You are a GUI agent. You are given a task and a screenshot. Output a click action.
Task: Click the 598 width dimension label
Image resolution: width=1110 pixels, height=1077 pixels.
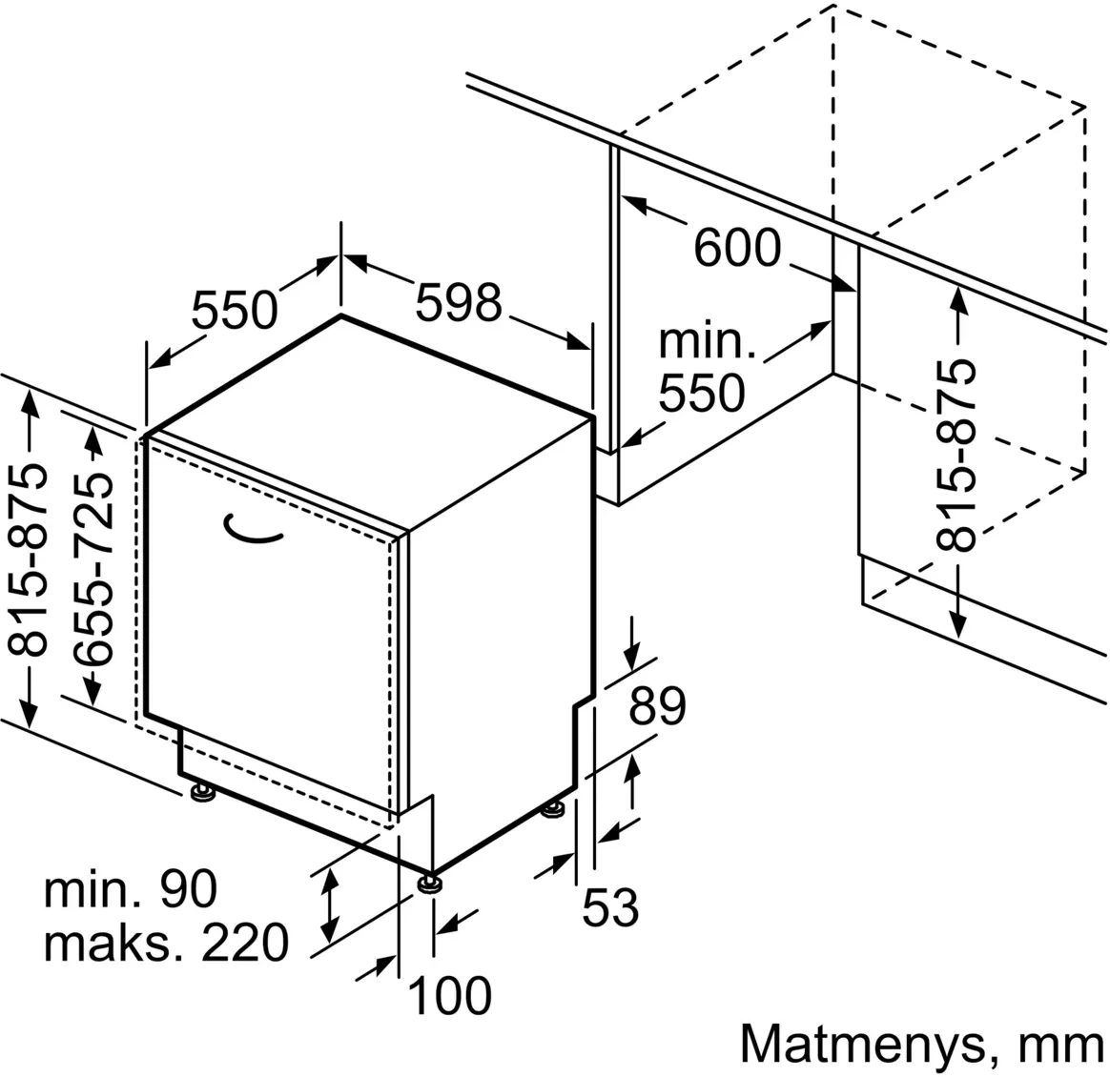[458, 304]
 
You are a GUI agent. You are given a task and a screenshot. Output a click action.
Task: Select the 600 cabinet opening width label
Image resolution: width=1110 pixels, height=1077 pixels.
[736, 249]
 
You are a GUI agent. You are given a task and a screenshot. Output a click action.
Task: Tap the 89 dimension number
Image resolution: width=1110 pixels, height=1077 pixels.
[657, 706]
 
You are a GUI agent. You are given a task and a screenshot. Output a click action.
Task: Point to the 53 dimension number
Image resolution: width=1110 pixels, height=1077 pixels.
[609, 906]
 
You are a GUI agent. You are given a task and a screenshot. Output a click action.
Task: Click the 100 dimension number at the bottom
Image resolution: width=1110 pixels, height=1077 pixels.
[449, 996]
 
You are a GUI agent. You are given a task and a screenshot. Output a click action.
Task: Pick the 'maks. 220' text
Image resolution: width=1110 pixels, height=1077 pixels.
[165, 943]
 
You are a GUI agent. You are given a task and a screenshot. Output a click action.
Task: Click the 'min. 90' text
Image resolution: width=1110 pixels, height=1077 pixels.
[131, 889]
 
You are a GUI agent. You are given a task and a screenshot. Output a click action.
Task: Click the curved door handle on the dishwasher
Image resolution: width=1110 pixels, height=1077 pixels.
[253, 531]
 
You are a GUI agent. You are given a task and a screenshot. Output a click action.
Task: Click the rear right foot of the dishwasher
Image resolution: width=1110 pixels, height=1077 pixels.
[553, 811]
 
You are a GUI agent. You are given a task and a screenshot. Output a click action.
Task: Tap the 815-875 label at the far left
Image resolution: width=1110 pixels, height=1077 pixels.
[31, 561]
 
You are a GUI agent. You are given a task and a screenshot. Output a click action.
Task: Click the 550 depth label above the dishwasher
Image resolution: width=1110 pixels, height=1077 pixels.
[234, 309]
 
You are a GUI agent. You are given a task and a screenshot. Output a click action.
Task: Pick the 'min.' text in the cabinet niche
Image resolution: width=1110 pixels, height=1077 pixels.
[708, 341]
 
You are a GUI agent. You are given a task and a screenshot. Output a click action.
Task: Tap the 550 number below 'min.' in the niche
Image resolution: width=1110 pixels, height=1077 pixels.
[704, 392]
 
